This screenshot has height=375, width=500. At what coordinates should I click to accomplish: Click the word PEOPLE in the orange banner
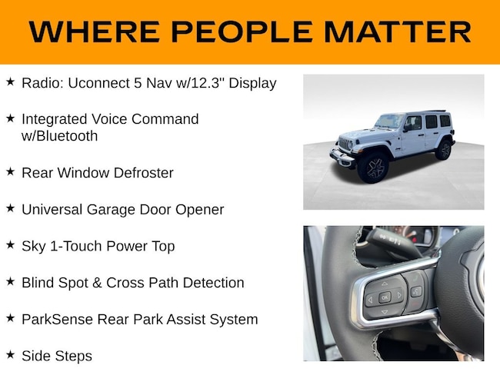242,32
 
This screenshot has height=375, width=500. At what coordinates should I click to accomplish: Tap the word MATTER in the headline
398,32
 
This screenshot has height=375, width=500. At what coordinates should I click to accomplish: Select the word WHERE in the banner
95,32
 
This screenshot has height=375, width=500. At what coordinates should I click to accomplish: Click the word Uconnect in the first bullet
98,83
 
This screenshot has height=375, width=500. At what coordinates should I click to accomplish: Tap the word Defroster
144,173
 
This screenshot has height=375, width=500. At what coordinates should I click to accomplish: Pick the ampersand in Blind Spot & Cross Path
97,283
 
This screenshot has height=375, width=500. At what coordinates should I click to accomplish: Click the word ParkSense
57,320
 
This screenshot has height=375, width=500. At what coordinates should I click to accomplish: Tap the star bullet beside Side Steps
10,354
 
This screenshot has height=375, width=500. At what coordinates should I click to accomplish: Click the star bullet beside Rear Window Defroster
10,171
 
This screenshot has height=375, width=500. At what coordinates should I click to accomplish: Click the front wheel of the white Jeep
373,168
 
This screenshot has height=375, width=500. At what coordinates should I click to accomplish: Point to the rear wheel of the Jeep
444,150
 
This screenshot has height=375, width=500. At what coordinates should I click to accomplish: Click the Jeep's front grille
345,144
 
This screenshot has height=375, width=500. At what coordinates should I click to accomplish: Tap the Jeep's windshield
388,121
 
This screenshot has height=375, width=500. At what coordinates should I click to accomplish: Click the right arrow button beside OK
399,295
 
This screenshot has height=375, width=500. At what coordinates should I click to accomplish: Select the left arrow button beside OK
370,300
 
